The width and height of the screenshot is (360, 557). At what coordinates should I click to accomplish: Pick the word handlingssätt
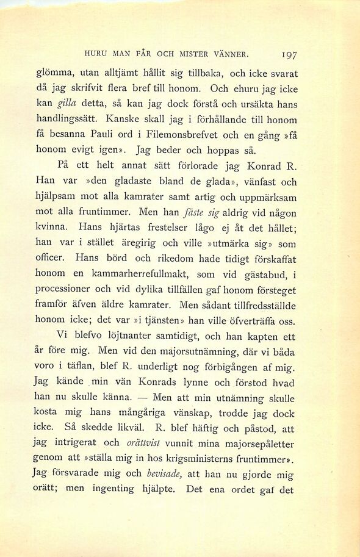(x=68, y=120)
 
